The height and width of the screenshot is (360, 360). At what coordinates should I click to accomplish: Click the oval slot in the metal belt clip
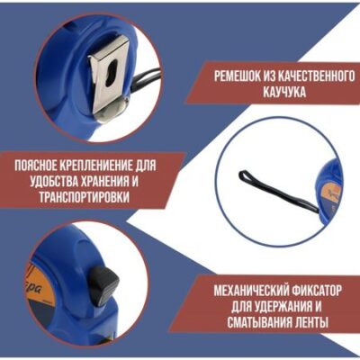click(x=111, y=73)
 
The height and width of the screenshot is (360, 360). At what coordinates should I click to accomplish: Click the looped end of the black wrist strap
click(x=245, y=176)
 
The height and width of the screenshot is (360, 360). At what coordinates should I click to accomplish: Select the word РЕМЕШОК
click(x=236, y=77)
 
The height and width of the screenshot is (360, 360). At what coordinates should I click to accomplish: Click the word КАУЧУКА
click(x=284, y=92)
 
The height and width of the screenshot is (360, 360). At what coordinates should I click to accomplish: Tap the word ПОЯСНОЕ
click(x=37, y=166)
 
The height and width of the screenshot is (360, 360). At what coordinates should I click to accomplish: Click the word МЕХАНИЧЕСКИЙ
click(x=250, y=291)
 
